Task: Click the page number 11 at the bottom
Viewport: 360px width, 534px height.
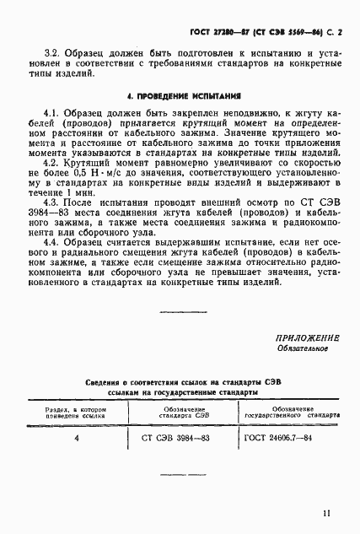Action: [325, 512]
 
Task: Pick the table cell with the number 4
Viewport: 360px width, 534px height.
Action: [77, 438]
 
